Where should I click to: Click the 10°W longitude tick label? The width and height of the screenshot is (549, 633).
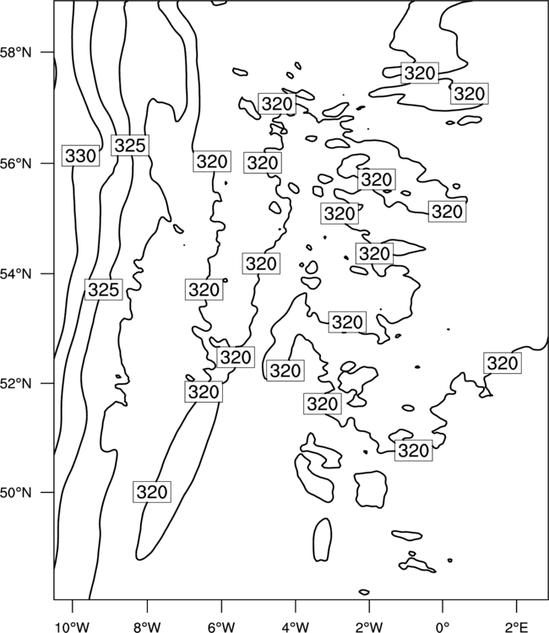(x=73, y=627)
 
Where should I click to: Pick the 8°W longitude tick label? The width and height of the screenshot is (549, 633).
(x=147, y=627)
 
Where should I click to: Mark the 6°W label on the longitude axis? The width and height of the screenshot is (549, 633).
(x=221, y=627)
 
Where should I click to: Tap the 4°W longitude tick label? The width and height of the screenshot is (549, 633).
(x=295, y=627)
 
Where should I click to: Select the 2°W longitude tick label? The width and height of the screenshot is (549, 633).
(x=369, y=627)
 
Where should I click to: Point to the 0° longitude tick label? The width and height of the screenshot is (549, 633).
(x=443, y=627)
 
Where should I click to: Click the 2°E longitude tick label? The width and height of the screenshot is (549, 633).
(x=517, y=627)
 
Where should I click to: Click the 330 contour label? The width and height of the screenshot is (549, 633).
(x=80, y=155)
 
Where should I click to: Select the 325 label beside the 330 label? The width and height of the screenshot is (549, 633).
(x=130, y=145)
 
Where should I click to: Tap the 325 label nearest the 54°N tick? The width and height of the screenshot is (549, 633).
(x=103, y=289)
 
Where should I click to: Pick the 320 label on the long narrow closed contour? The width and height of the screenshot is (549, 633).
(x=152, y=492)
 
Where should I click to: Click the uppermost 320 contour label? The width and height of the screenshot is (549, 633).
(x=420, y=73)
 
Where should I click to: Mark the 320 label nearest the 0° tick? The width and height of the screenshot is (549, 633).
(x=414, y=451)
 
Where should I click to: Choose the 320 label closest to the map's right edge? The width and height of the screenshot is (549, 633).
(x=503, y=363)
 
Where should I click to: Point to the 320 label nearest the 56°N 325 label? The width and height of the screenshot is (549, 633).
(x=212, y=161)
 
